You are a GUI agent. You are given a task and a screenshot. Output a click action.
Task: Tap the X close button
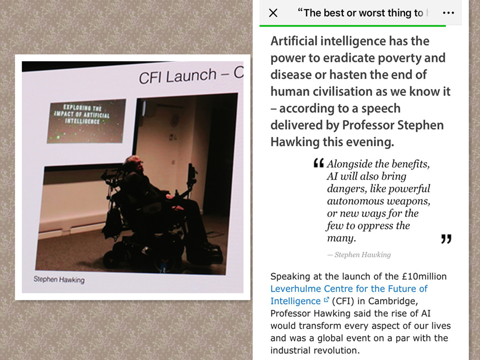tap(273, 13)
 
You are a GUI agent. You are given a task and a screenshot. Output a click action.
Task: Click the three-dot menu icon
tap(448, 13)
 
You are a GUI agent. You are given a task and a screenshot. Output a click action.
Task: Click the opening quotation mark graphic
tap(319, 163)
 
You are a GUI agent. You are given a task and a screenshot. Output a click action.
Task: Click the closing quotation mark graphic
tap(446, 239)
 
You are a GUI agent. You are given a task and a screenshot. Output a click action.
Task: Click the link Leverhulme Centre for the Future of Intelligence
tap(349, 295)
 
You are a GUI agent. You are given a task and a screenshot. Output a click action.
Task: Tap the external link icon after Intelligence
tap(326, 300)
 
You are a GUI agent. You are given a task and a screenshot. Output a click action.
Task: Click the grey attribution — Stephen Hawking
tap(359, 255)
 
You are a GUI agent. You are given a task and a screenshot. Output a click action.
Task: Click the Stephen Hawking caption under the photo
tap(59, 279)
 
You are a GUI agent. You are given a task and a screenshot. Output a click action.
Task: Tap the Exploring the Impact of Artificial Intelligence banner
tap(86, 121)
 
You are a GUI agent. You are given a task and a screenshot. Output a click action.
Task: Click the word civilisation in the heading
tap(345, 91)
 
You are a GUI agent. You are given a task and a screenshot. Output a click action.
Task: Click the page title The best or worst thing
tap(360, 13)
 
